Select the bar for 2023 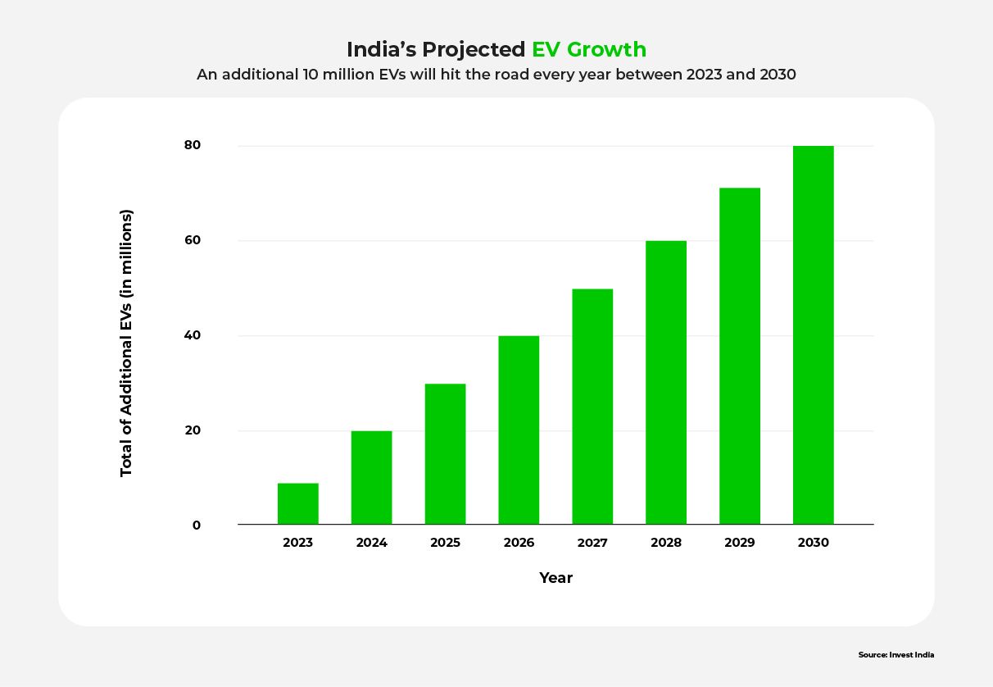(297, 504)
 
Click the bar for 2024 (371, 478)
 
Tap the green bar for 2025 (445, 454)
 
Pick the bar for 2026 (519, 430)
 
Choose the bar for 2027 (592, 407)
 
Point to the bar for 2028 (666, 383)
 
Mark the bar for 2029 (740, 357)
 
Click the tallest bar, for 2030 (814, 335)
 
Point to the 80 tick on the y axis (193, 145)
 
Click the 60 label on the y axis (193, 240)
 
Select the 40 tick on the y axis (193, 335)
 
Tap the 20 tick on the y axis (193, 430)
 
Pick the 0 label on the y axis (197, 525)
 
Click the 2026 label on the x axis (519, 543)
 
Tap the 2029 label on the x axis (740, 543)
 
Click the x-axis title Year (555, 578)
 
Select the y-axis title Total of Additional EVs (126, 343)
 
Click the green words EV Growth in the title (588, 49)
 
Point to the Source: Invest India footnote (896, 655)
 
